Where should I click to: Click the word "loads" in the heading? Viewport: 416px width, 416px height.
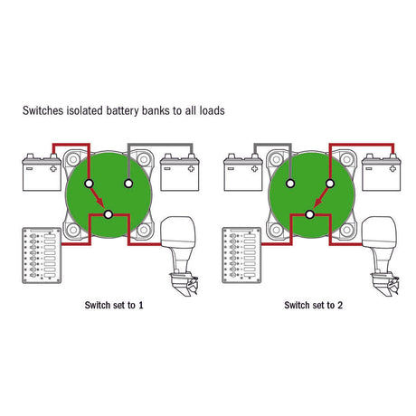click(212, 110)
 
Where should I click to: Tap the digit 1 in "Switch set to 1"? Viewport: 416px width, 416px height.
click(141, 305)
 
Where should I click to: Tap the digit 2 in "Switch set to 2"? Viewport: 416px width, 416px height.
click(340, 305)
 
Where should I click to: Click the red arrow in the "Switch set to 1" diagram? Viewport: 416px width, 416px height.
click(98, 197)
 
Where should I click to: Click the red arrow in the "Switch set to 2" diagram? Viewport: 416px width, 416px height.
click(320, 197)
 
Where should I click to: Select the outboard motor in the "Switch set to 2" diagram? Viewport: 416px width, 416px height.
click(381, 256)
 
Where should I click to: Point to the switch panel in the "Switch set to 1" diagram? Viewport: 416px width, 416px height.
click(42, 255)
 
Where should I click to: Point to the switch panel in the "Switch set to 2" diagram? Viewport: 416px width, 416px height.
click(241, 255)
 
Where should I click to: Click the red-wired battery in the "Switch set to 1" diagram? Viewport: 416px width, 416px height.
click(42, 173)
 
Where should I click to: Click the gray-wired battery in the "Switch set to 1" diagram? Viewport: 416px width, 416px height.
click(180, 173)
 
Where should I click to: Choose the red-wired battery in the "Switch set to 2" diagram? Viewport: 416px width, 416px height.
click(381, 173)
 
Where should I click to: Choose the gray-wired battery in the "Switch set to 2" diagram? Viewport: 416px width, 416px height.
click(243, 173)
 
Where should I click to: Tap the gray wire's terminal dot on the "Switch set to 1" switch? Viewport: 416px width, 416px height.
click(128, 184)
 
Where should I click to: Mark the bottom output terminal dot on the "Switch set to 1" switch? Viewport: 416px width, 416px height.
click(109, 214)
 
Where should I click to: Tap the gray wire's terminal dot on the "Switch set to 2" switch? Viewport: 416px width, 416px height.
click(290, 184)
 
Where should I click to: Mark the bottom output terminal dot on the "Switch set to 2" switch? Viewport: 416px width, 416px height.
click(309, 214)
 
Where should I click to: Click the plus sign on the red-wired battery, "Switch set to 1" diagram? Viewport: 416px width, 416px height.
click(53, 169)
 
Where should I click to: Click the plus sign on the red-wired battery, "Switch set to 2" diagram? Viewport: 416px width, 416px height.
click(392, 169)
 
